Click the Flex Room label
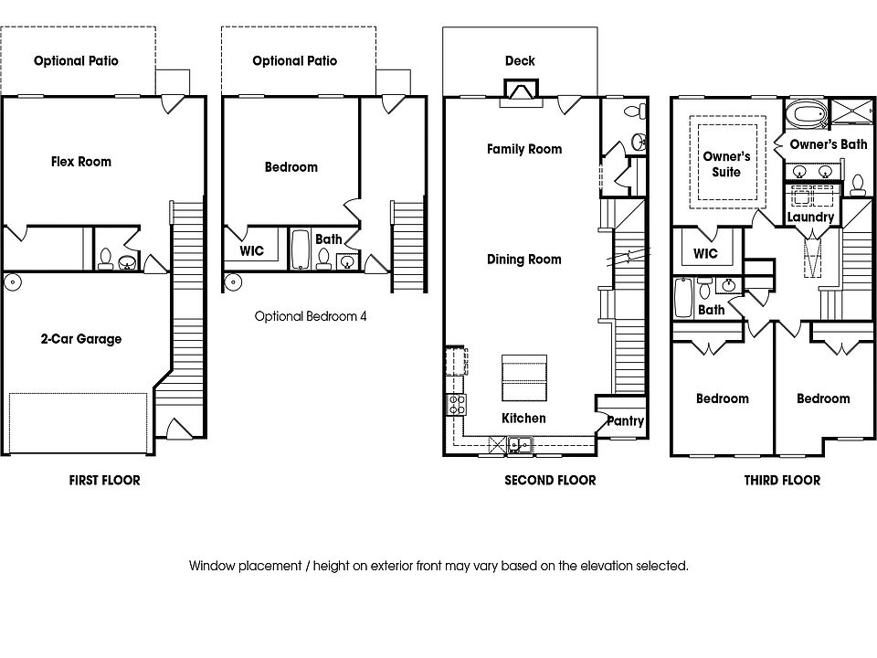pos(81,162)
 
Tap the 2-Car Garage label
pos(80,339)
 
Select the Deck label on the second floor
pos(520,61)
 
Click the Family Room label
pos(524,149)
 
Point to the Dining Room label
pos(524,260)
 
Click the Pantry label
pos(625,421)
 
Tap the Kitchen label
pos(524,419)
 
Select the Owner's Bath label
pos(829,144)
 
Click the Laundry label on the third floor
pos(810,218)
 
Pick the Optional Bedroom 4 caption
pos(311,317)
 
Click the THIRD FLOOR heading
pos(782,480)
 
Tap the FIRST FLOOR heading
pos(105,480)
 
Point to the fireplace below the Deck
pos(520,92)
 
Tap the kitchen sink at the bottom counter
pos(518,445)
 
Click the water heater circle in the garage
pos(13,281)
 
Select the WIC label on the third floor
pos(705,253)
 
